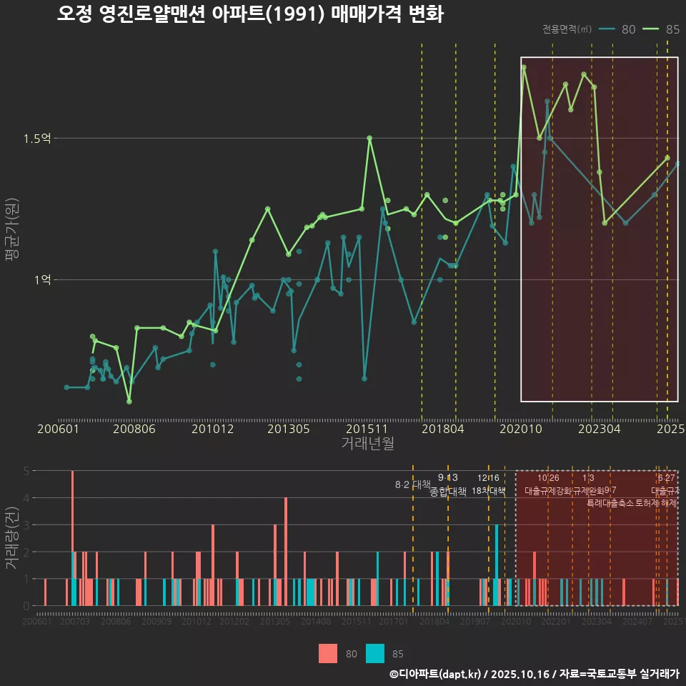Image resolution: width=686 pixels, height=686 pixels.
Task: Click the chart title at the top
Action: pyautogui.click(x=250, y=14)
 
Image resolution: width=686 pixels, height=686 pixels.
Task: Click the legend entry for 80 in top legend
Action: pyautogui.click(x=617, y=29)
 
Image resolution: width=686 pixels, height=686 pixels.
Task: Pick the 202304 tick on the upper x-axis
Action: pyautogui.click(x=599, y=429)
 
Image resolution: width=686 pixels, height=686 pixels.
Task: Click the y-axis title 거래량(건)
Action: pyautogui.click(x=11, y=538)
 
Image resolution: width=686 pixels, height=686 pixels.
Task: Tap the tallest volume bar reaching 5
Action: pyautogui.click(x=72, y=537)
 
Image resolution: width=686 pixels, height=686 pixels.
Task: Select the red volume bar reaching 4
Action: pyautogui.click(x=286, y=551)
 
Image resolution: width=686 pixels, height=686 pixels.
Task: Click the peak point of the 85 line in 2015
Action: pyautogui.click(x=369, y=138)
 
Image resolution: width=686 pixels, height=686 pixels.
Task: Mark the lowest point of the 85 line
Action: pyautogui.click(x=129, y=402)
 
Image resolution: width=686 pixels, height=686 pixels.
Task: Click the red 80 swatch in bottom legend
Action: pyautogui.click(x=328, y=653)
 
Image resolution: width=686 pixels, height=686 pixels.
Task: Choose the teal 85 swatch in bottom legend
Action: pyautogui.click(x=375, y=653)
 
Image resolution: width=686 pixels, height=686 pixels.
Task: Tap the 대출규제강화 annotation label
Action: pyautogui.click(x=547, y=492)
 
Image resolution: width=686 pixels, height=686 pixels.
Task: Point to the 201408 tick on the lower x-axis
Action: pyautogui.click(x=315, y=622)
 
